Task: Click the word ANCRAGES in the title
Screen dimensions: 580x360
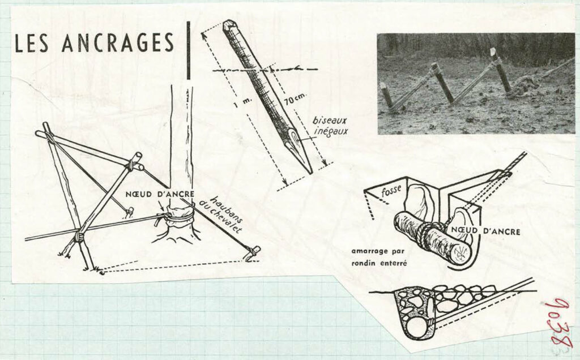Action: coord(118,42)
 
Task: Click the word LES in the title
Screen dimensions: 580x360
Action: coord(31,43)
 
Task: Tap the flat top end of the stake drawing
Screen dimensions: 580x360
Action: coord(230,24)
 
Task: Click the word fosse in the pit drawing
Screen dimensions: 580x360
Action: coord(391,191)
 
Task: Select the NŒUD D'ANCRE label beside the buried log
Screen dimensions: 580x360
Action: coord(485,232)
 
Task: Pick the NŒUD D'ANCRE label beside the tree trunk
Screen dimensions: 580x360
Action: coord(160,194)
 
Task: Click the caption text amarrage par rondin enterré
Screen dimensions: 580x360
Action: coord(378,257)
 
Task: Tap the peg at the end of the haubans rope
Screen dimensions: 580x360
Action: coord(253,254)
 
